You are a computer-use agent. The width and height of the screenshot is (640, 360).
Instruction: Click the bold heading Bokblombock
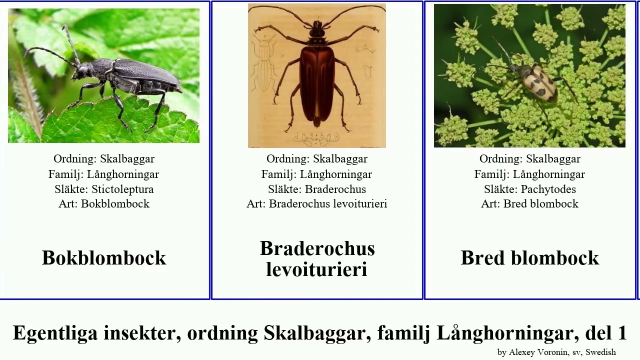click(104, 258)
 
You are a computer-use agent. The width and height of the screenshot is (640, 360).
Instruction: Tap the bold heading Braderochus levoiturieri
click(317, 259)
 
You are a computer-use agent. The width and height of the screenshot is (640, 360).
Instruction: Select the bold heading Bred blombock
click(529, 258)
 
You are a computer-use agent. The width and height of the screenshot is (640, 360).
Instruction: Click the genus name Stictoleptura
click(122, 189)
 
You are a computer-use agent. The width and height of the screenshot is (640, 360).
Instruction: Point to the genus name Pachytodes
click(548, 189)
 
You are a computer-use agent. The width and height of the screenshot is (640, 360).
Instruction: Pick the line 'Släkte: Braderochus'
click(317, 189)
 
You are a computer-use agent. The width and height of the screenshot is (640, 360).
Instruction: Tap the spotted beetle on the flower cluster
click(537, 82)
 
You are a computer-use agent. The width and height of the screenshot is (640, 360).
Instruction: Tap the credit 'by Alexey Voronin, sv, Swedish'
click(556, 352)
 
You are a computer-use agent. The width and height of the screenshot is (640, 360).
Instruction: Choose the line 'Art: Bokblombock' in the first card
click(104, 204)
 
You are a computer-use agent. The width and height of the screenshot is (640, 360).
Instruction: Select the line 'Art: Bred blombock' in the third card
click(529, 204)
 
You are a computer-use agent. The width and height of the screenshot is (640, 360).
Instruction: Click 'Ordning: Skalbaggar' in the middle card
click(317, 159)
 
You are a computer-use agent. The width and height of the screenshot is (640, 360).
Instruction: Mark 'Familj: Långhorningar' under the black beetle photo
click(104, 174)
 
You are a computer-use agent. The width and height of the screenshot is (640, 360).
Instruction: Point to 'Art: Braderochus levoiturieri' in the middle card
click(317, 204)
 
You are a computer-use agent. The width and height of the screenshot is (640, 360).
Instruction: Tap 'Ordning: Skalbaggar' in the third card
click(529, 159)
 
